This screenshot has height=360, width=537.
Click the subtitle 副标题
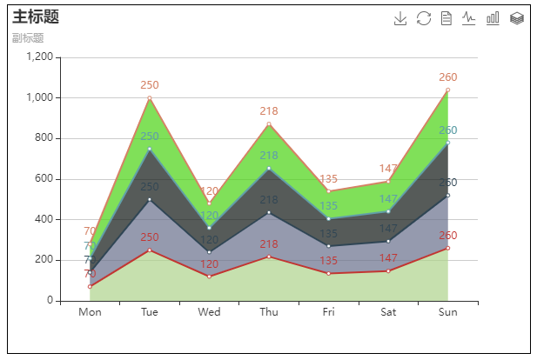(28, 38)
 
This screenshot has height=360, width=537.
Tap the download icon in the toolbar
(400, 18)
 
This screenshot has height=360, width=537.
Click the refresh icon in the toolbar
(424, 18)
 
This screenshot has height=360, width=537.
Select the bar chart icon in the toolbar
(493, 18)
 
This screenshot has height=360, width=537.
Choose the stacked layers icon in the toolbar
(516, 18)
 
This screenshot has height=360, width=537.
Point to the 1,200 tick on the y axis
(39, 57)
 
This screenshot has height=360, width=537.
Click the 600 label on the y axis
(43, 179)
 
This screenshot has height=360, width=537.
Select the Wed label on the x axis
(209, 312)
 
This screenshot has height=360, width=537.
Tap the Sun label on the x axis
(447, 312)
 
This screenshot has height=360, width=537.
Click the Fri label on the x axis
(328, 312)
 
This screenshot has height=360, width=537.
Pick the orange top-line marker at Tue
(150, 98)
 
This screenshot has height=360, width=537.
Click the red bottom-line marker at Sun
(447, 248)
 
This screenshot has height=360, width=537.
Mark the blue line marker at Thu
(269, 168)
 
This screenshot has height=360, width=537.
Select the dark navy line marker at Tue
(150, 200)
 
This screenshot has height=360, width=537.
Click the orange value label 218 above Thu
(269, 111)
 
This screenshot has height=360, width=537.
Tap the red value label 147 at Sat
(388, 258)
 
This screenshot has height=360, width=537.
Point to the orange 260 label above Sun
(447, 77)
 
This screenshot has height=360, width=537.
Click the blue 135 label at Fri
(328, 206)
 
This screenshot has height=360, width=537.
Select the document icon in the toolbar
(446, 18)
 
